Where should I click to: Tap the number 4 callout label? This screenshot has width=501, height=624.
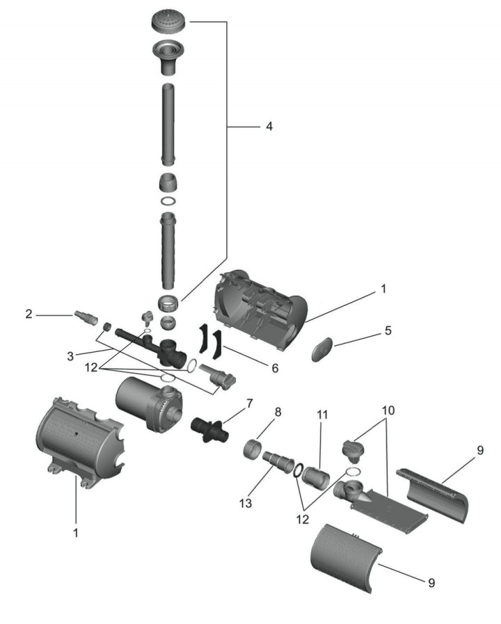[x=269, y=127]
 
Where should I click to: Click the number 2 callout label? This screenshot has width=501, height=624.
[x=29, y=314]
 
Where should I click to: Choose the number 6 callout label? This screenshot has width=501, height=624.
[x=274, y=367]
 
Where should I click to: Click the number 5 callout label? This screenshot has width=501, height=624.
[x=388, y=330]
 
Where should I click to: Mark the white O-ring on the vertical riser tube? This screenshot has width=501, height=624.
[x=168, y=201]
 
